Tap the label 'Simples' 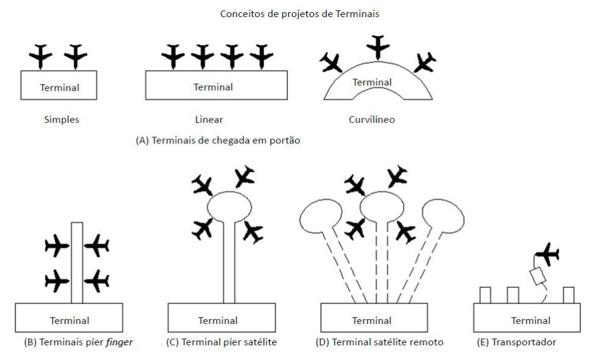coord(59,120)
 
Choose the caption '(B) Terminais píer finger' coord(78,342)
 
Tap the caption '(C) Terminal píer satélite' coord(221,342)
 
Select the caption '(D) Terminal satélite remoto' coord(378,342)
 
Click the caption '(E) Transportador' coord(516,342)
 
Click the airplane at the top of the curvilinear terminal coord(379,46)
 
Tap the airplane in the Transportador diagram coord(547,253)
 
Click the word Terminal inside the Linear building coord(213,87)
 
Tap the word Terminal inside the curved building coord(372,82)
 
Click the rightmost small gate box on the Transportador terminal coord(569,295)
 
